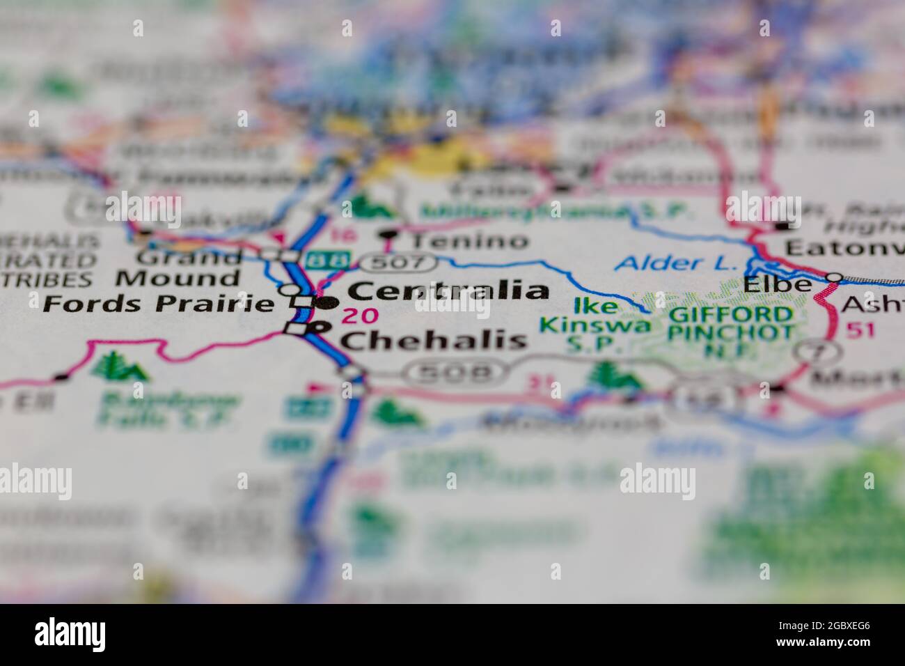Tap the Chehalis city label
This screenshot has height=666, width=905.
pyautogui.click(x=432, y=340)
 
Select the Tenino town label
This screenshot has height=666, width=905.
pyautogui.click(x=469, y=241)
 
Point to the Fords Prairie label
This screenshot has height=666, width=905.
pyautogui.click(x=157, y=304)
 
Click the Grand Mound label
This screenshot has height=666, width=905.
pyautogui.click(x=178, y=268)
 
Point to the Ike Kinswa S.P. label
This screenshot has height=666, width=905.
pyautogui.click(x=596, y=325)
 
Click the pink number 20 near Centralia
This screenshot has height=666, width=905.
pyautogui.click(x=361, y=316)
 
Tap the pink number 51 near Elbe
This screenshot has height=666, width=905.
pyautogui.click(x=860, y=330)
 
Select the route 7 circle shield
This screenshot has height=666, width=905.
pyautogui.click(x=811, y=352)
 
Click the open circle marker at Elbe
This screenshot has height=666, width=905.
pyautogui.click(x=833, y=277)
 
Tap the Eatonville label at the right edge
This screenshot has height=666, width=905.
pyautogui.click(x=844, y=248)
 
